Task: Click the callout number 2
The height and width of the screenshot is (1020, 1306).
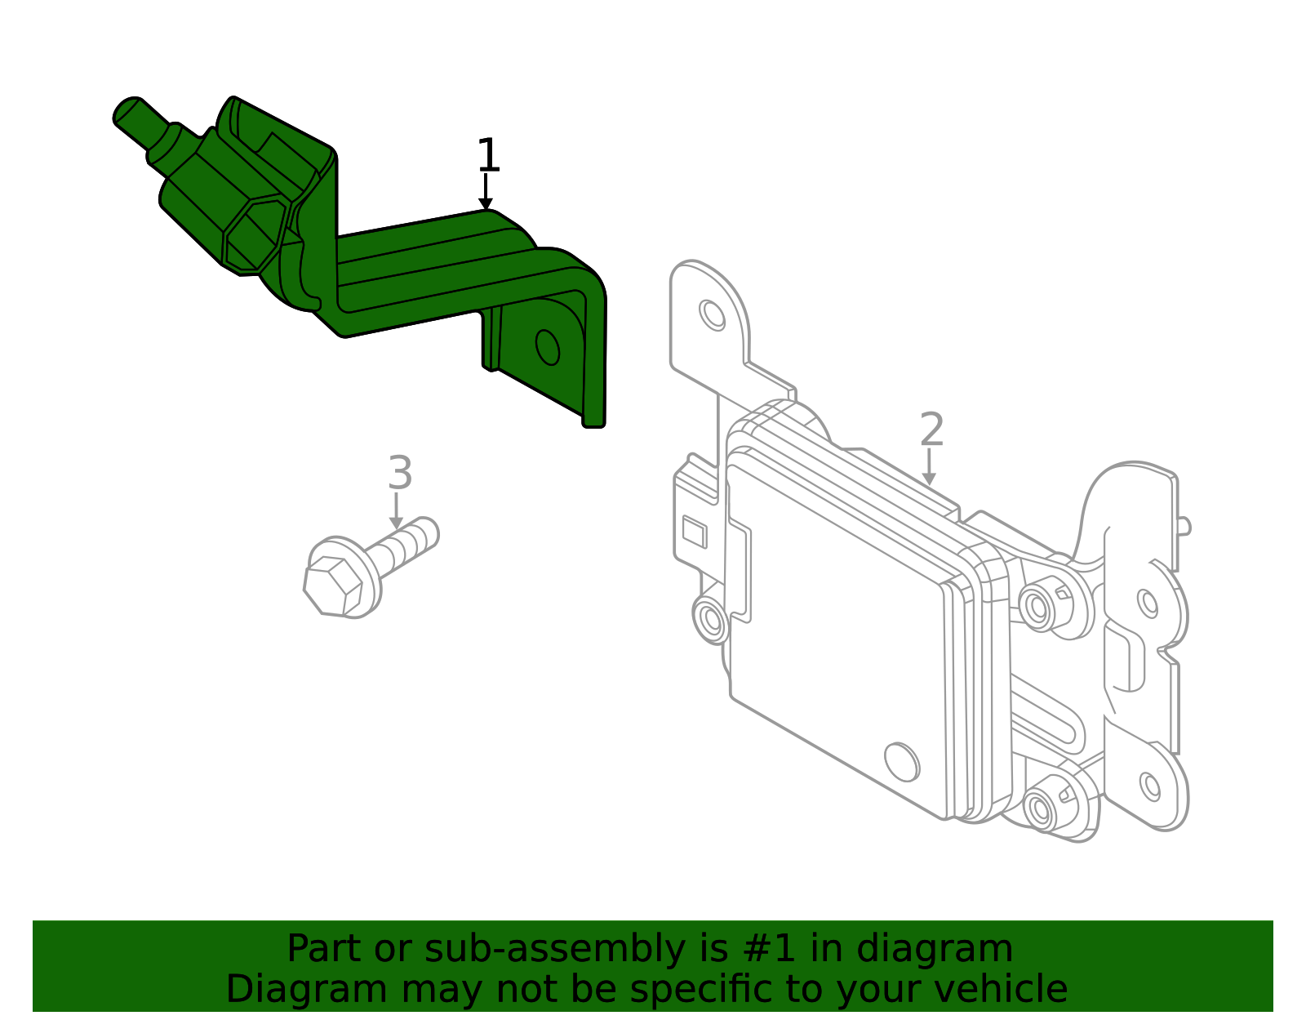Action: [x=931, y=430]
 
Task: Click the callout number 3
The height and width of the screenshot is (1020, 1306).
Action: [x=399, y=473]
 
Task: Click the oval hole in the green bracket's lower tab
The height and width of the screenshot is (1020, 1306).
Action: [x=547, y=347]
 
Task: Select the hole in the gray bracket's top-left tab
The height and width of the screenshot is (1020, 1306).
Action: [x=713, y=315]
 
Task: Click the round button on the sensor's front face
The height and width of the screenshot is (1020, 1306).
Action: [x=901, y=761]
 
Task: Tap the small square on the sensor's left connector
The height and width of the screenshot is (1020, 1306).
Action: [x=694, y=532]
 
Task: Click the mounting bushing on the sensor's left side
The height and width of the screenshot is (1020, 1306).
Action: [x=710, y=618]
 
